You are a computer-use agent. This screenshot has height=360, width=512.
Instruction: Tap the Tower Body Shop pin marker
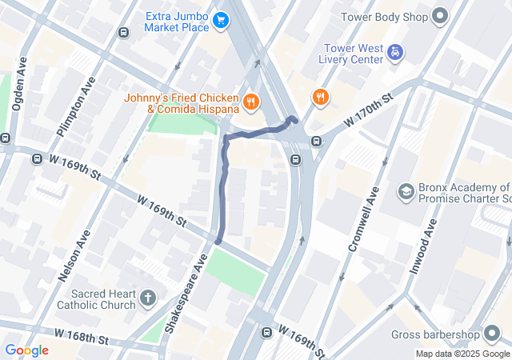pos(439,16)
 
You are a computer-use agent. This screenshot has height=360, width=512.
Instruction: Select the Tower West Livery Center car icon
pos(394,54)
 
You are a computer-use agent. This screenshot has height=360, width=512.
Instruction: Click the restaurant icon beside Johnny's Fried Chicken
pos(251,101)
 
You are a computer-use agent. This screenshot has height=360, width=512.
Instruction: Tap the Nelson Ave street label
pos(75,254)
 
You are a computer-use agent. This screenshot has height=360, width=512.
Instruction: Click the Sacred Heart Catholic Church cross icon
pos(147,299)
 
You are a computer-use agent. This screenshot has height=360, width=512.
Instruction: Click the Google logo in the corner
pos(26,350)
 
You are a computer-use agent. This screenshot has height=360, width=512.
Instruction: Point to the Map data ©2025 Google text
pos(462,354)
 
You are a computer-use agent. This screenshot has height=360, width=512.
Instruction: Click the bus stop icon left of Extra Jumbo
pos(123,32)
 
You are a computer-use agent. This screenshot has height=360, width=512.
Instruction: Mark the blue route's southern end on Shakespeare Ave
pos(218,240)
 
